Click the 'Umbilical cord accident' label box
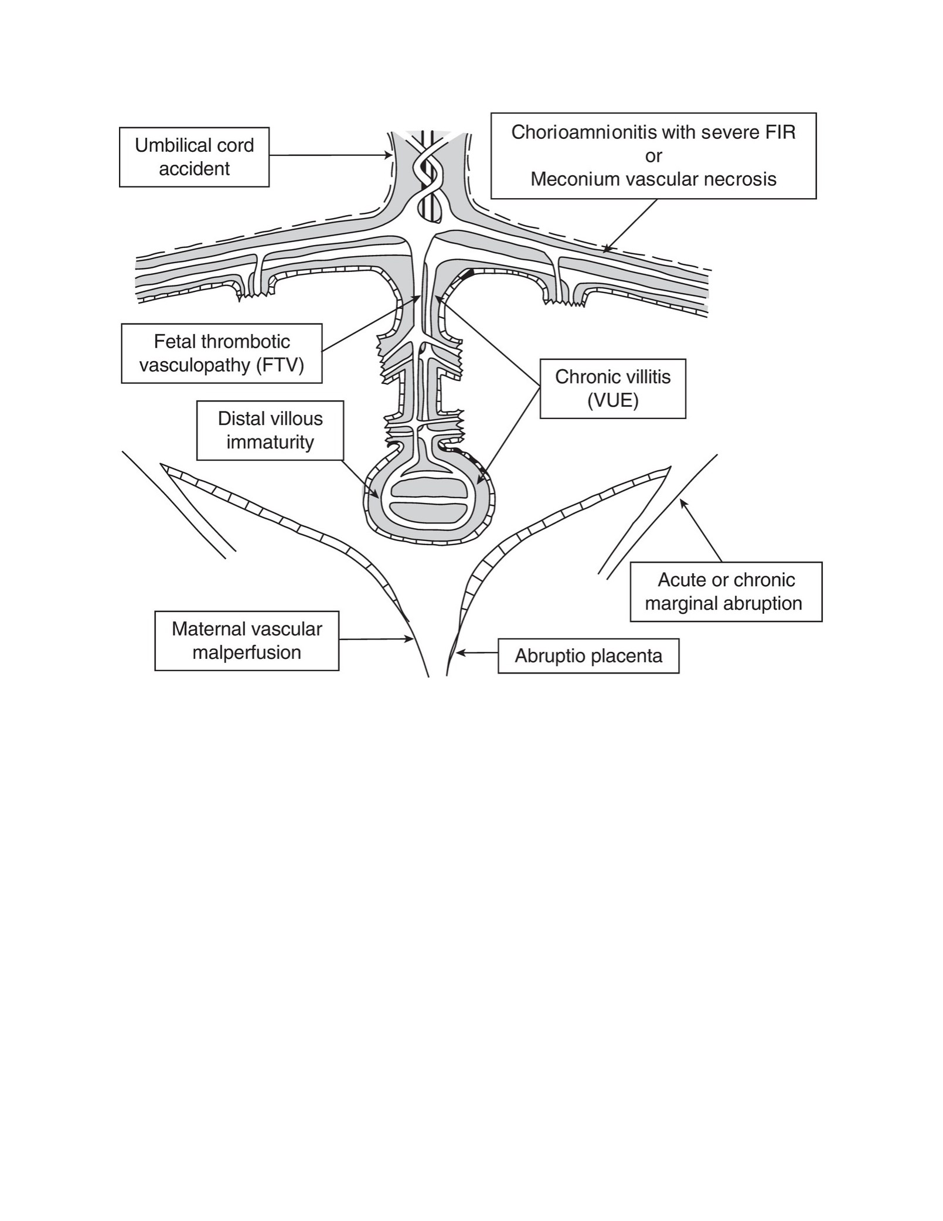194,157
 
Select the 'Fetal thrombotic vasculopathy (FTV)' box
222,353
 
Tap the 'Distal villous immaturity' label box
270,430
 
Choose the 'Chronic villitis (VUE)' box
612,389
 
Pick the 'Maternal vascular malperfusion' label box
247,641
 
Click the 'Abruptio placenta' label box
588,656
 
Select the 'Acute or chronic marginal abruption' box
726,592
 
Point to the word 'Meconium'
569,179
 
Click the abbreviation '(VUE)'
612,401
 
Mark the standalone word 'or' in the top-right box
653,157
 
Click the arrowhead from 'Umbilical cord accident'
388,155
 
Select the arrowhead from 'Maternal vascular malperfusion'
409,640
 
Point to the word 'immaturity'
270,443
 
